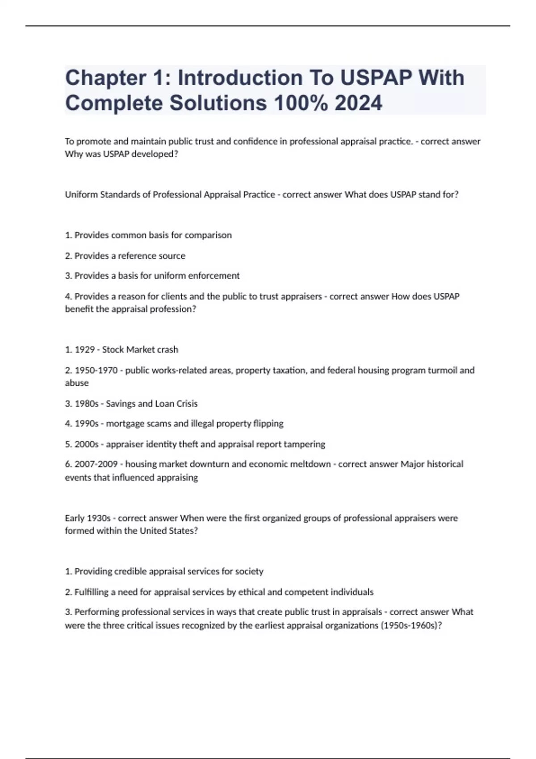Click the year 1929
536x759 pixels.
(84, 350)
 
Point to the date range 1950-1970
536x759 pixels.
(96, 370)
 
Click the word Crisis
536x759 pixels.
(186, 404)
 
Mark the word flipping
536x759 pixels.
(268, 424)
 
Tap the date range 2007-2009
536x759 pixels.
(96, 464)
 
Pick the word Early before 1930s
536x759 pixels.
(75, 518)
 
